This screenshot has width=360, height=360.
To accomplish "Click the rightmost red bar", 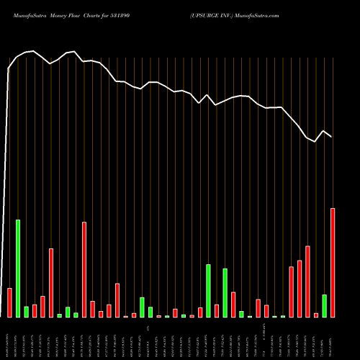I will (x=333, y=263).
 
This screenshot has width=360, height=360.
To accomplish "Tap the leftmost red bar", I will (x=9, y=302).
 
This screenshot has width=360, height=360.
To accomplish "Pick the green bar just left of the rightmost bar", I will (x=324, y=306).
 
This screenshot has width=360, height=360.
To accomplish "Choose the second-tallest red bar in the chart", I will (x=84, y=269).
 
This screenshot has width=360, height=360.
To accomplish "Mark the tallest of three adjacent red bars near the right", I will (x=307, y=282).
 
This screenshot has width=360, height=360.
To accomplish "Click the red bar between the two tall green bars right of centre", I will (x=217, y=311).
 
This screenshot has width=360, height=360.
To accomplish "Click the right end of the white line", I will (x=332, y=137).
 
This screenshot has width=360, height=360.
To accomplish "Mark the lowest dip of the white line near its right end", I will (x=315, y=141).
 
